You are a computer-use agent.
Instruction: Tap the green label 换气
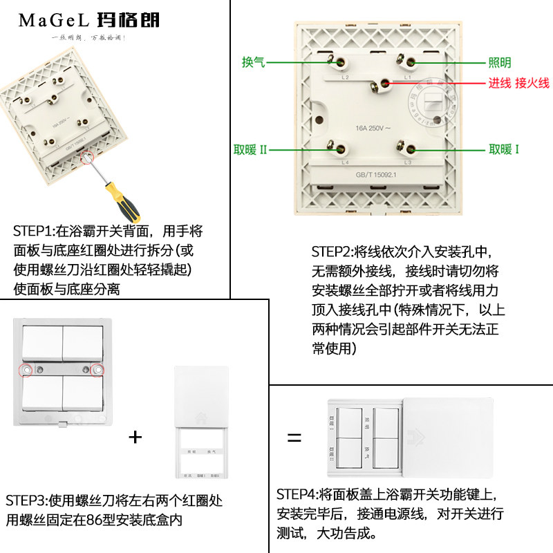253,62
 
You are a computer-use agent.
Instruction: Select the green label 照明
500,63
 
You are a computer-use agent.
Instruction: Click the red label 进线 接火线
518,84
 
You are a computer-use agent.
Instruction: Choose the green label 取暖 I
504,149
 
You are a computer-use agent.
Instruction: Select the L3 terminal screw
410,148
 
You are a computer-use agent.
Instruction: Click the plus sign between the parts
135,437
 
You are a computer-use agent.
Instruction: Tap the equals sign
294,438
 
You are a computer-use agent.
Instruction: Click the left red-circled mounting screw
28,371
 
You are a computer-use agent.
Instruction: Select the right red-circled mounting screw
97,371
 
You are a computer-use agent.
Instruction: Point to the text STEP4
297,494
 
